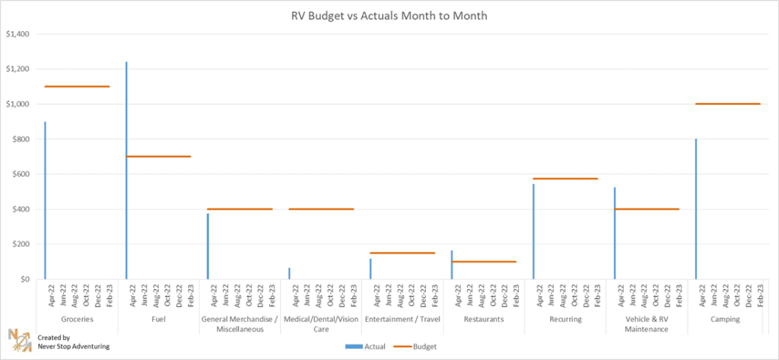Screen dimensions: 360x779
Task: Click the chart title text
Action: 389,15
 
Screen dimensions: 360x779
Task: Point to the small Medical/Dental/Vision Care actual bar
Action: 289,273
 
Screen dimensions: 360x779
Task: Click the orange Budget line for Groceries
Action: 77,86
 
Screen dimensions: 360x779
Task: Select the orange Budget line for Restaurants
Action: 484,262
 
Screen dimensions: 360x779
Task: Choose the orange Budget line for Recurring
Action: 565,179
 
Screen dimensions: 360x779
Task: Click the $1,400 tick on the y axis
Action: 17,34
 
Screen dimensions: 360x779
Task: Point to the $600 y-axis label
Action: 18,174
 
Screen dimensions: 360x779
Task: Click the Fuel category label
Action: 158,320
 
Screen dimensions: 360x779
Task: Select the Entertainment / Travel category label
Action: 402,320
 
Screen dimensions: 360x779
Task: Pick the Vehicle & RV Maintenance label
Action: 647,324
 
